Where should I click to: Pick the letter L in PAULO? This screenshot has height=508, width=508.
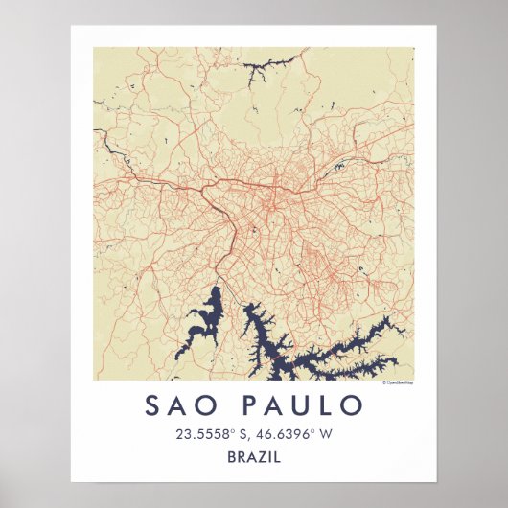[328, 405]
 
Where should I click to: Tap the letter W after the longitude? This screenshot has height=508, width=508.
[326, 434]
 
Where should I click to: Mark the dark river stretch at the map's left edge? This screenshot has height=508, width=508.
[113, 150]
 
